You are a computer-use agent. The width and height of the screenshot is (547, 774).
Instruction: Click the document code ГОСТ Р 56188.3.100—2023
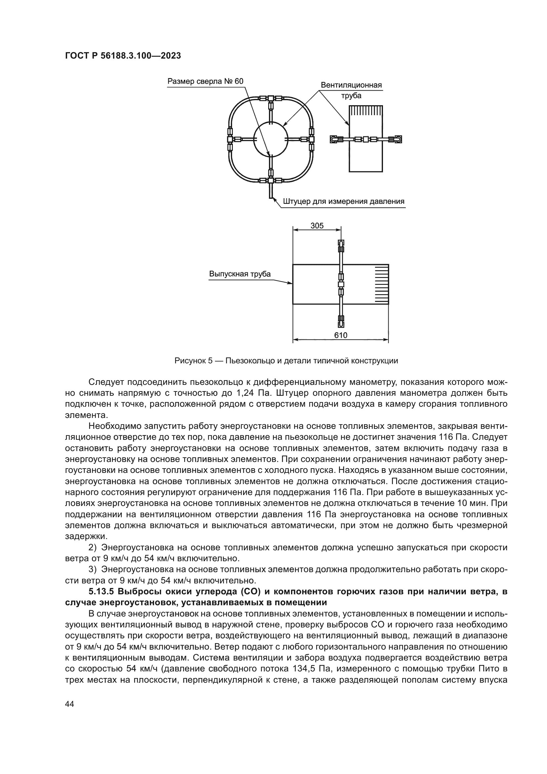tap(123, 56)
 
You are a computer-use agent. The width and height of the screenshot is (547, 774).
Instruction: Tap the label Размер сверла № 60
tap(205, 82)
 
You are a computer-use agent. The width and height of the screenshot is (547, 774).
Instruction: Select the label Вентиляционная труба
tap(351, 90)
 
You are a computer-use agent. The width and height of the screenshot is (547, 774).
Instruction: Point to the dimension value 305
tap(316, 226)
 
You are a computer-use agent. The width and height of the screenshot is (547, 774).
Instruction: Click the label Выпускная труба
tap(239, 274)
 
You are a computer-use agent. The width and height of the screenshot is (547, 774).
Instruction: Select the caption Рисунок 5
tap(193, 361)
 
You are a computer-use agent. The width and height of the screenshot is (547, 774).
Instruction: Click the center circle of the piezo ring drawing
tap(271, 140)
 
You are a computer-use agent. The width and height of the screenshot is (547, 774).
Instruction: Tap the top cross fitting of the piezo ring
tap(271, 99)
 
